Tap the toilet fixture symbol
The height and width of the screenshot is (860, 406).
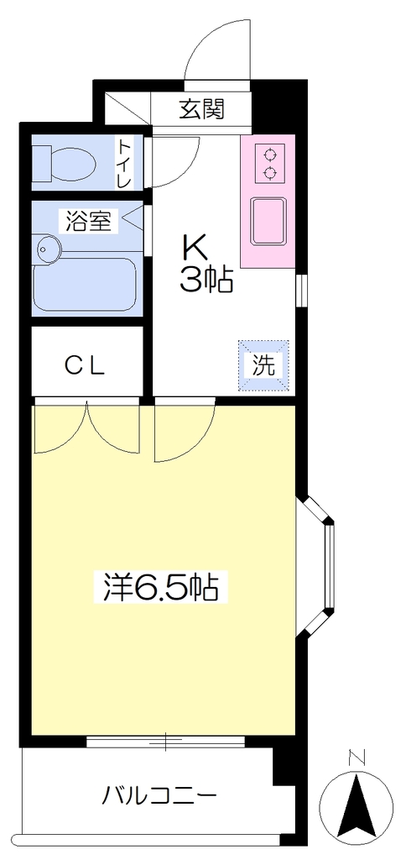(x=65, y=163)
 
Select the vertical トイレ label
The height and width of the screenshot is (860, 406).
(x=125, y=162)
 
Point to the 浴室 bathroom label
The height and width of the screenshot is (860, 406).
(x=89, y=221)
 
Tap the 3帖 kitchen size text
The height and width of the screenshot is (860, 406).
(x=207, y=281)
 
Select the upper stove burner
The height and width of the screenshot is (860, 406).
(x=269, y=154)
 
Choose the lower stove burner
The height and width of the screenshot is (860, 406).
(x=269, y=173)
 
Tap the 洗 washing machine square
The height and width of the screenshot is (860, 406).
(x=263, y=366)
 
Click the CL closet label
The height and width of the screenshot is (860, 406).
(x=86, y=367)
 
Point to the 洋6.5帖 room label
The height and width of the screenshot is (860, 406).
(x=161, y=587)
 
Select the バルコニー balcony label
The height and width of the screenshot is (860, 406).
(x=159, y=794)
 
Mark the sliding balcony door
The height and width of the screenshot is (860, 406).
(x=165, y=741)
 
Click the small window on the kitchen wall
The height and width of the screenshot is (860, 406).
(x=301, y=290)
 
